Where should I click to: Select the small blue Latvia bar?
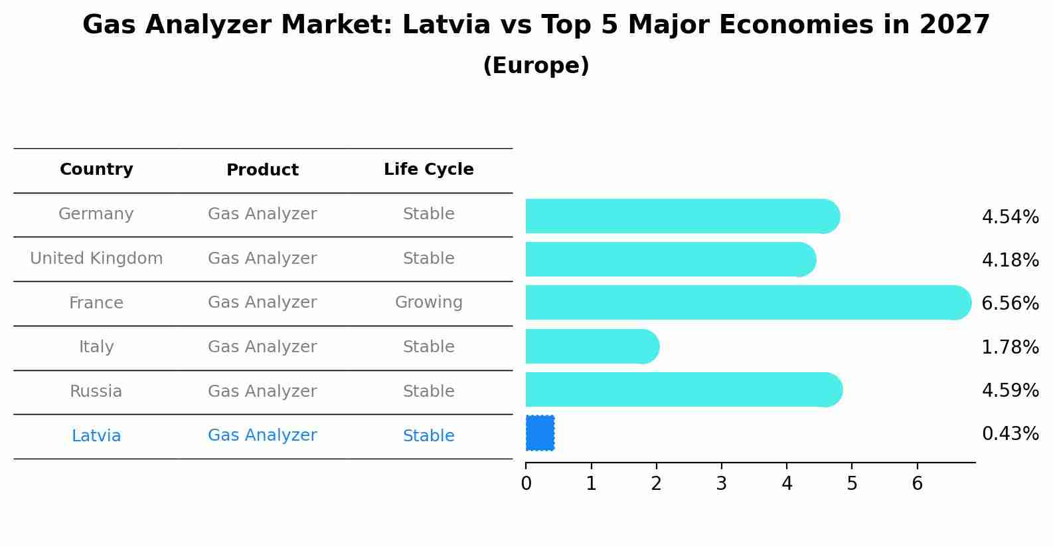(540, 433)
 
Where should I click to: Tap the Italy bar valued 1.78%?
(591, 346)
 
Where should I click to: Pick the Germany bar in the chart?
(681, 216)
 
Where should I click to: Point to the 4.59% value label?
(1010, 390)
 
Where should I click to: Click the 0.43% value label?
(1010, 434)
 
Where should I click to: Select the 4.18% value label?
(1010, 260)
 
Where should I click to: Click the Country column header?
(96, 169)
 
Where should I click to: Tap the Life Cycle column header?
(428, 169)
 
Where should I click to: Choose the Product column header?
(262, 170)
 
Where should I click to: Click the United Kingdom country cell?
(96, 259)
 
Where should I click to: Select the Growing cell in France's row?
(428, 302)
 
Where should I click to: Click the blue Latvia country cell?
(96, 436)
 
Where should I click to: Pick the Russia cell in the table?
(96, 391)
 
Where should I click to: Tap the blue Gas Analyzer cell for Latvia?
(262, 435)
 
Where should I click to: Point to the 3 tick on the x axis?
(721, 484)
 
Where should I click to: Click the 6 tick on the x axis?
(917, 484)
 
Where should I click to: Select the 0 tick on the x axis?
(526, 484)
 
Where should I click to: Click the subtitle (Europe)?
(536, 66)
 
